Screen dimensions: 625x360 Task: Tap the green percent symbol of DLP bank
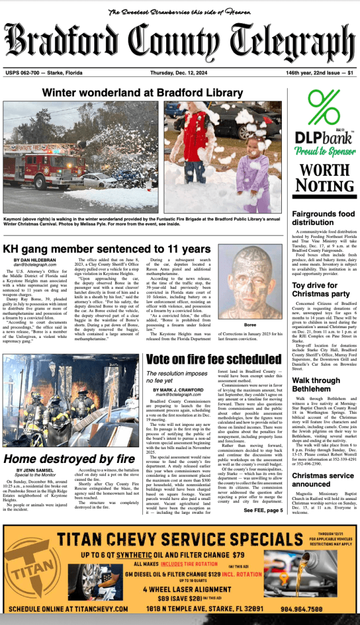tap(324, 108)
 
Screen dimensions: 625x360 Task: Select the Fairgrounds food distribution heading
tap(321, 218)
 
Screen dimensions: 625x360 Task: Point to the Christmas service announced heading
tap(319, 480)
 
